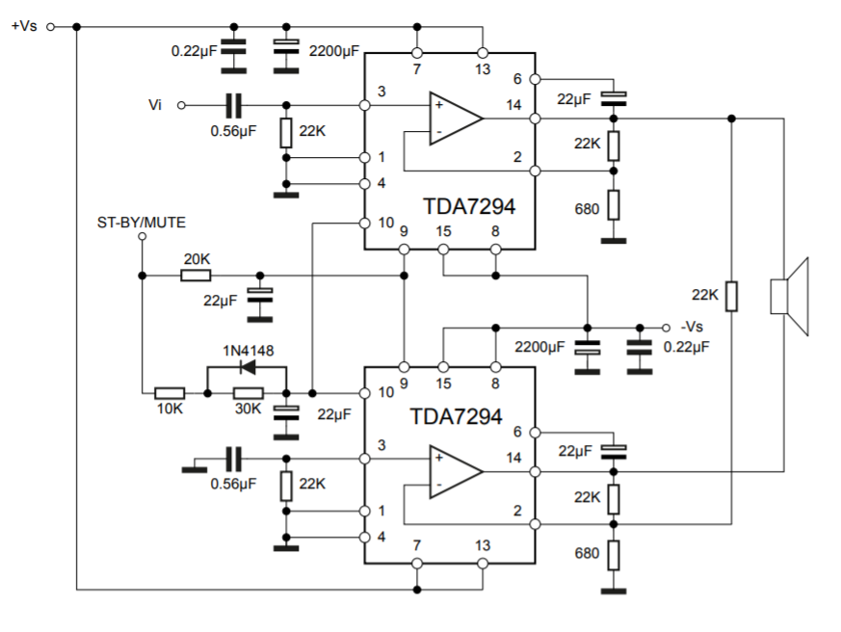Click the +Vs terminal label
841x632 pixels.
click(24, 26)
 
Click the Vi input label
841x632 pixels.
click(157, 104)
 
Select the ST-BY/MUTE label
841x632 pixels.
click(142, 223)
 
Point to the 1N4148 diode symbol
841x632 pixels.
click(247, 367)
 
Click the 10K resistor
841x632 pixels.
click(171, 393)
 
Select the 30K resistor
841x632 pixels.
click(249, 393)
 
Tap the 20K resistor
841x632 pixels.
click(196, 276)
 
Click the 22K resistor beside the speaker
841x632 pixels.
click(731, 296)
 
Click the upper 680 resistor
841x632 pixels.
click(613, 205)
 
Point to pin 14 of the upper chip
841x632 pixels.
click(535, 118)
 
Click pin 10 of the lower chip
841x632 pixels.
click(364, 393)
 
